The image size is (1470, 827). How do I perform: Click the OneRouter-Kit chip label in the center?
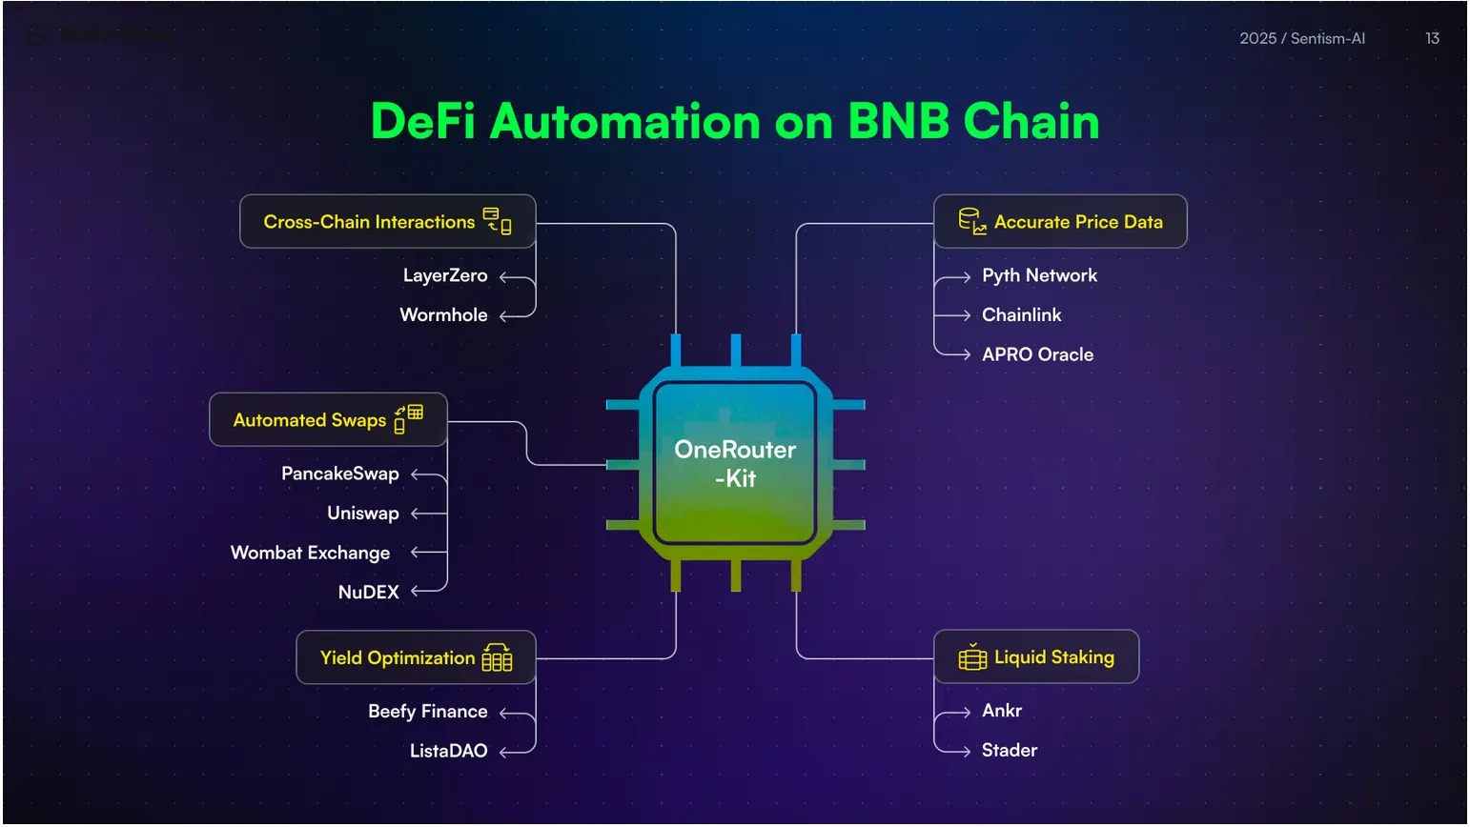coord(735,464)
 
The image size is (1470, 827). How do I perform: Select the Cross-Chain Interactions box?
coord(387,222)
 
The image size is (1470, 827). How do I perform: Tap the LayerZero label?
coord(444,276)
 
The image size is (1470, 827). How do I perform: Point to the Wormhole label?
coord(443,315)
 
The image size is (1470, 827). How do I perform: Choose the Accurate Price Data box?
coord(1060,222)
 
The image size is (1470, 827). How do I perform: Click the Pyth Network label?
coord(1039,276)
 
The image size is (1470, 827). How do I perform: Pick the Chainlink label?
coord(1021,315)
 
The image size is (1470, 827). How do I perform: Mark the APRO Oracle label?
coord(1037,354)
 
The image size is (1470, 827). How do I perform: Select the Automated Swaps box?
coord(328,420)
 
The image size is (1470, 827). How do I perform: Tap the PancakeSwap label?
coord(339,474)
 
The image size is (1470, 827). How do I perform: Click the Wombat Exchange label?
coord(310,554)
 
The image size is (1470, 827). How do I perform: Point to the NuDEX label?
coord(368,593)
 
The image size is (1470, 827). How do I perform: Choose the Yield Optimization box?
coord(416,658)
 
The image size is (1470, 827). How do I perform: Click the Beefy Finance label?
coord(427,712)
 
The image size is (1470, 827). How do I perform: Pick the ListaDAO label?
coord(448,752)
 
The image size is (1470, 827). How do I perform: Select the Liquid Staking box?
coord(1036,657)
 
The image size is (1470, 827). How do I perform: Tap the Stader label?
coord(1009,751)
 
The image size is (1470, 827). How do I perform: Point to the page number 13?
coord(1432,39)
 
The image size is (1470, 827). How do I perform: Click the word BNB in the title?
coord(898,122)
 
